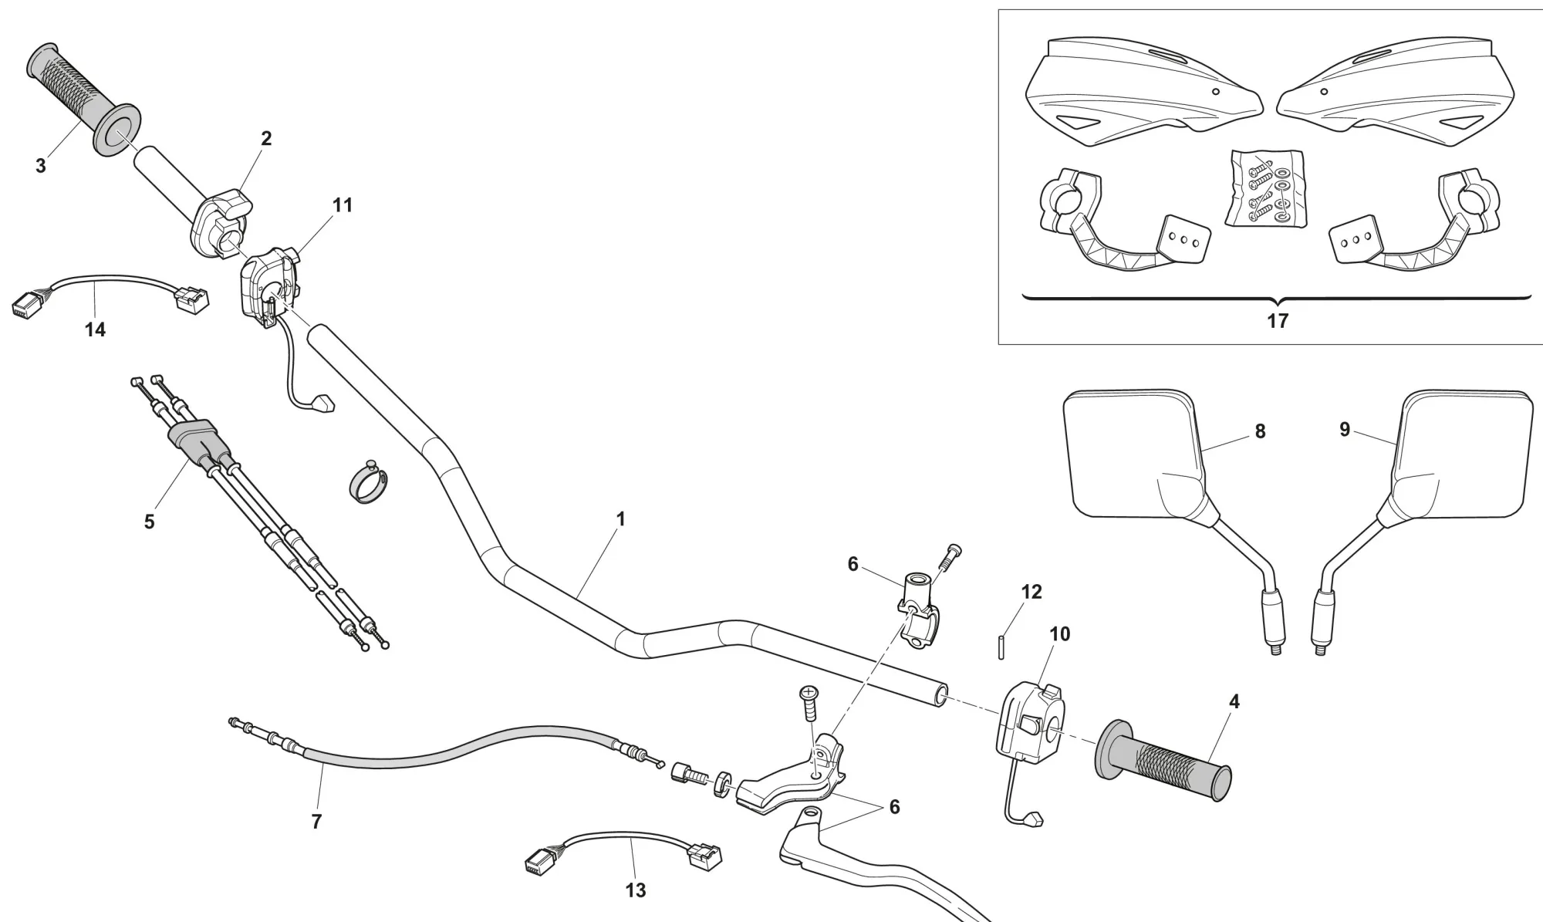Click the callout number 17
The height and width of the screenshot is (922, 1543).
point(1278,321)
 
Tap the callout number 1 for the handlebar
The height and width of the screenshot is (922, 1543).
point(620,519)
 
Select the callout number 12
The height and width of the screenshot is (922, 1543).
point(1031,592)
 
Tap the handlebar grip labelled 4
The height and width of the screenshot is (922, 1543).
point(1165,759)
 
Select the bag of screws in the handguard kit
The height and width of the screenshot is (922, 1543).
point(1265,189)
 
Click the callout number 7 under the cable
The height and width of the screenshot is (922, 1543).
point(316,822)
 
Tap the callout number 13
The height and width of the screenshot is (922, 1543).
point(635,890)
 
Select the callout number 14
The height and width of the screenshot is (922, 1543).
point(95,329)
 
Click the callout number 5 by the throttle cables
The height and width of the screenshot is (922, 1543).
point(149,522)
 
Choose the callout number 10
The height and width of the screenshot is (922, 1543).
point(1060,633)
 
